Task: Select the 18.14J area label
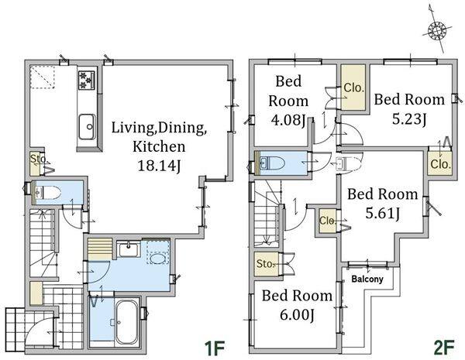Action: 159,166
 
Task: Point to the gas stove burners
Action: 87,80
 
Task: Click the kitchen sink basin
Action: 87,126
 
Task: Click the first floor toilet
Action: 47,193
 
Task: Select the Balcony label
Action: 367,279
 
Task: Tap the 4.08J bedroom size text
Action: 288,120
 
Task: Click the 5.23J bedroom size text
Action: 409,119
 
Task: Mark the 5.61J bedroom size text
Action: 383,213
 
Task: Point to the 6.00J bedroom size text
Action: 297,314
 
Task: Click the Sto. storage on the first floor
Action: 36,163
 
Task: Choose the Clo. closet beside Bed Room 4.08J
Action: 353,87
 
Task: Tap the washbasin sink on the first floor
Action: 129,249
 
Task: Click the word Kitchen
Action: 159,146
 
